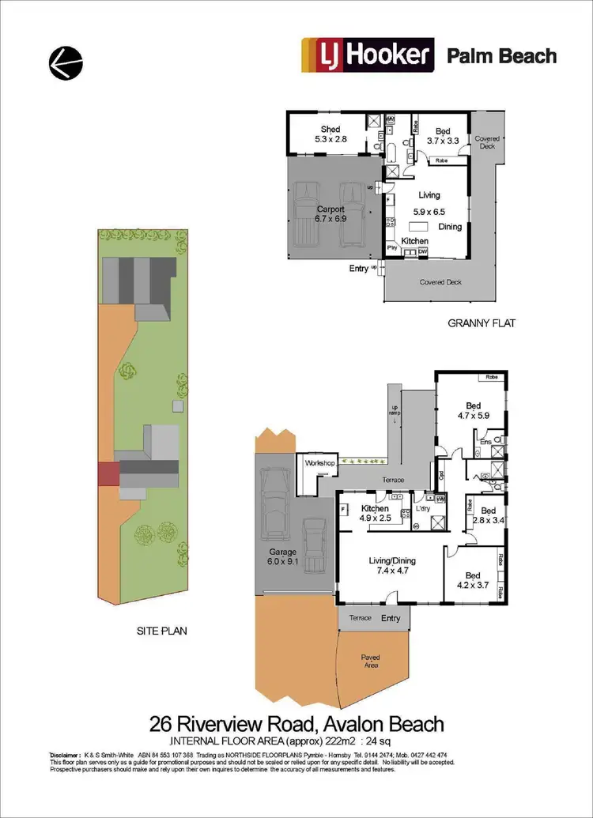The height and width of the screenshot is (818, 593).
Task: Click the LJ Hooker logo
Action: coord(368,55)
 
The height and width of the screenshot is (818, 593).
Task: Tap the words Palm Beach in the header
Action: coord(501,56)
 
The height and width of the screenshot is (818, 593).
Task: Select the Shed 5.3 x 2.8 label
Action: coord(330,134)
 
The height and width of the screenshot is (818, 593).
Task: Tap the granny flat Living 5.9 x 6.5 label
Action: coord(429,203)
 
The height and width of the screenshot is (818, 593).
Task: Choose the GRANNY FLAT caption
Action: coord(481,322)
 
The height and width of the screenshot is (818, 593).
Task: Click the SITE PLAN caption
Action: coord(162,631)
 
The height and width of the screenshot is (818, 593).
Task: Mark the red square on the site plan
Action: coord(107,474)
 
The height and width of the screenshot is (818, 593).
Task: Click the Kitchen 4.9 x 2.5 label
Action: coord(376,514)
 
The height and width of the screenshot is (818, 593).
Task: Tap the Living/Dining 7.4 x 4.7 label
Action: coord(392,567)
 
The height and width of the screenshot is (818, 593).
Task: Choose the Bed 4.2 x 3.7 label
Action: coord(472,581)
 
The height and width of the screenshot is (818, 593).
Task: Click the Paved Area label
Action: coord(371,662)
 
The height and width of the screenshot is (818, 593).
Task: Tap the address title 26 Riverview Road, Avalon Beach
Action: coord(296,723)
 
